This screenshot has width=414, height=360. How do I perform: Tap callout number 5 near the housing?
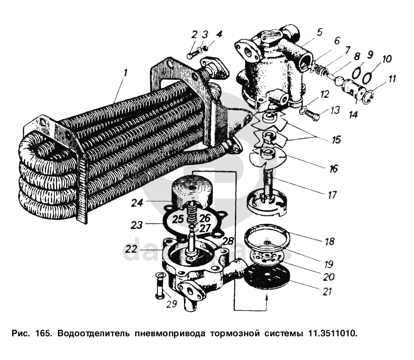coord(319,32)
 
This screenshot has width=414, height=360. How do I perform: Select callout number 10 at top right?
coord(386,59)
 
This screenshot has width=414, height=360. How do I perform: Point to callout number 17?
coord(331,194)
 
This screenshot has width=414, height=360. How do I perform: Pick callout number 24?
coord(138,203)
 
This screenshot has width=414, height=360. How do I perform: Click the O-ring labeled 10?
coord(367,76)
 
